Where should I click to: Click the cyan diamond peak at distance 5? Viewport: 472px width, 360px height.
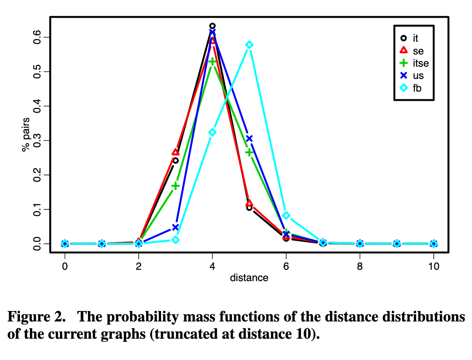[249, 45]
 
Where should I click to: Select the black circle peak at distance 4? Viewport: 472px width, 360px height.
[212, 26]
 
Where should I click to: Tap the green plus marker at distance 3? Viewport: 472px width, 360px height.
[175, 186]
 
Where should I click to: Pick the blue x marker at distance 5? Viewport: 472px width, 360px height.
[249, 139]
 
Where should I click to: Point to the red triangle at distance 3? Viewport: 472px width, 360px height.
[175, 152]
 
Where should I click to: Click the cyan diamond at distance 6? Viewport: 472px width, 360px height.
[286, 215]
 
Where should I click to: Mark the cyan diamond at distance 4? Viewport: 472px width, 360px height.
[212, 132]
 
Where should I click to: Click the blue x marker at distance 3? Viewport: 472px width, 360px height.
[175, 227]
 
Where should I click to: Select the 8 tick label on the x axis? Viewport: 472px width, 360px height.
[360, 266]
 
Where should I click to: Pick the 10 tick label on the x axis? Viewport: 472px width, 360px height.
[433, 266]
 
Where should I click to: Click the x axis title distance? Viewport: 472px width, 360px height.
[249, 278]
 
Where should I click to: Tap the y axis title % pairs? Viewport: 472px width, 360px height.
[26, 135]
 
